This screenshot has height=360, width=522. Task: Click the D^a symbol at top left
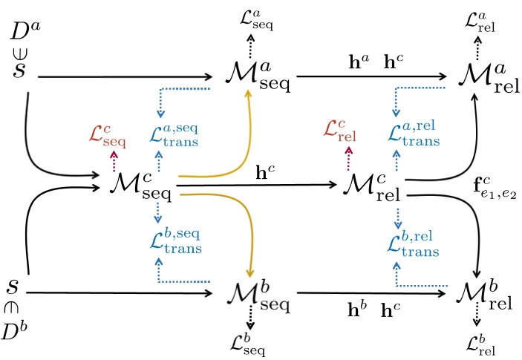26,33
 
